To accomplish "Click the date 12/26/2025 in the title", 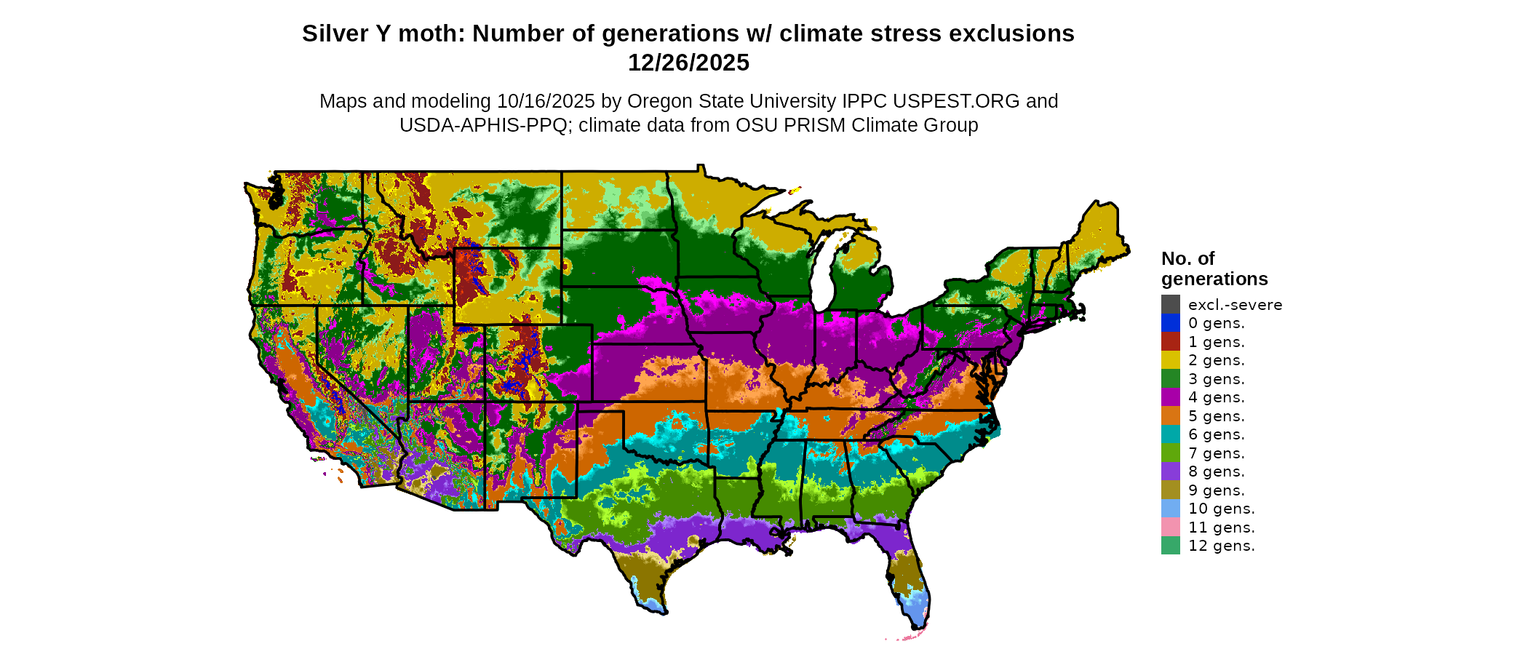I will click(688, 63).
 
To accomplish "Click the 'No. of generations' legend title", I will click(1214, 268).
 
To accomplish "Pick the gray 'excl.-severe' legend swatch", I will click(1170, 304).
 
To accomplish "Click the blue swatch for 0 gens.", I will click(1170, 323).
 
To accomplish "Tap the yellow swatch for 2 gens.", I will click(1170, 360).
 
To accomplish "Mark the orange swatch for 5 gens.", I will click(1170, 415).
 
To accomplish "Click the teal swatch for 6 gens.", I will click(1170, 434).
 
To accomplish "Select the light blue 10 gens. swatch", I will click(1170, 509).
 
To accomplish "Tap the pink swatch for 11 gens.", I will click(1170, 527).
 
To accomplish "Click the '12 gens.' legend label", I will click(1221, 546).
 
